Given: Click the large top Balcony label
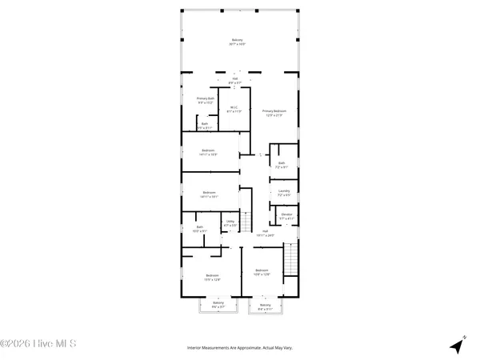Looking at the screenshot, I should pos(237,42).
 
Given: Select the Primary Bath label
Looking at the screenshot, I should pos(206,100).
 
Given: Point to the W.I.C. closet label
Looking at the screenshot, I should pos(234,110).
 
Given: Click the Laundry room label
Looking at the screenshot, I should pos(283,193).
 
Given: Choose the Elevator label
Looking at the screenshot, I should pos(286,216).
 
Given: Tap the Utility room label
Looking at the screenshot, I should pos(230,224).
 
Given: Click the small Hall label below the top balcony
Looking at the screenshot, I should pos(234,79).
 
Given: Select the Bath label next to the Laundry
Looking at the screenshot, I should pos(282,165).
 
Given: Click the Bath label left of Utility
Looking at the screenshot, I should pos(200,229).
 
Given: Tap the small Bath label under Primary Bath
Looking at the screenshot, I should pos(205,126).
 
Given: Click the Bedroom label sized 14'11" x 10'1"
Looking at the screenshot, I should pos(209,194).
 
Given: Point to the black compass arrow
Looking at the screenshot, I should pos(457,346).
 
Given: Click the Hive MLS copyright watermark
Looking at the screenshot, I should pos(38,346).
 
